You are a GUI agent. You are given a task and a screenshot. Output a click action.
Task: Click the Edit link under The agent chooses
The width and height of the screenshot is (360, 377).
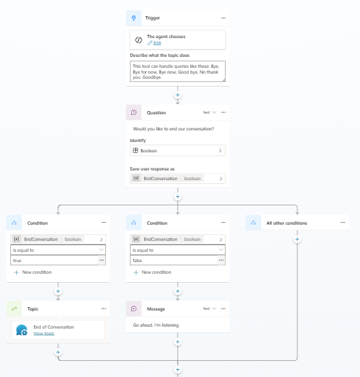click(157, 43)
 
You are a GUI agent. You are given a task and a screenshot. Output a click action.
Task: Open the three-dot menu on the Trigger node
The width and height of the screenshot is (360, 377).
click(224, 18)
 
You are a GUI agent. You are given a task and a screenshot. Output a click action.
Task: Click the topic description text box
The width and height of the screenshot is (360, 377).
click(178, 72)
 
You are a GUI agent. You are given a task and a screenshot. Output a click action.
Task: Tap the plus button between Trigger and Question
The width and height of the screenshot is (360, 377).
click(178, 95)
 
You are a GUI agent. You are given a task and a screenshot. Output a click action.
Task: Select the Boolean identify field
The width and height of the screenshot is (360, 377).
click(178, 150)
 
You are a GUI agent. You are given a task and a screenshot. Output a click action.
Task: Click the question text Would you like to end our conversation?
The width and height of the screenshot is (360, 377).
click(173, 129)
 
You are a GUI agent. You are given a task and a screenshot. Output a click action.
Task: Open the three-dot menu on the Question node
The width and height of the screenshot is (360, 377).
click(224, 112)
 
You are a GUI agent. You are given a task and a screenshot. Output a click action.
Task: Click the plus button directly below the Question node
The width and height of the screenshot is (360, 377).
click(178, 197)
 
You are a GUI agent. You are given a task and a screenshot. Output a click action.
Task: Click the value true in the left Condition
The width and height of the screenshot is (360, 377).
click(17, 260)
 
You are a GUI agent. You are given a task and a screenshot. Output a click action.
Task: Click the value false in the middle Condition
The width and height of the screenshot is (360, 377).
click(138, 260)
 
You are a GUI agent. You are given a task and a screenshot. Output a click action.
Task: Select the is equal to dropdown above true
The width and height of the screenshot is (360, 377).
click(58, 250)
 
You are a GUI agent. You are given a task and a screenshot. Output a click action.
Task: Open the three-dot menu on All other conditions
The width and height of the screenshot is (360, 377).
click(343, 223)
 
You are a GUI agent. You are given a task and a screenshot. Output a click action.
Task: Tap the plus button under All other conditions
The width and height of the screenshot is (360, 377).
click(297, 239)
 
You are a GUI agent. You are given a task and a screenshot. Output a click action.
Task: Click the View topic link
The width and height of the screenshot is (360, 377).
click(44, 334)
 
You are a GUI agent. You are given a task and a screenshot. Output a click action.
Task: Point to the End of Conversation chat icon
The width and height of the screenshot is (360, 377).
click(22, 330)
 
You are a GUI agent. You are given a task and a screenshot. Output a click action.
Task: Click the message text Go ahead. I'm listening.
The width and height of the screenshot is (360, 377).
click(156, 325)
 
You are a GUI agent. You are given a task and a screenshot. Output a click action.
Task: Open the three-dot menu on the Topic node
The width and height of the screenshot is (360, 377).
click(103, 309)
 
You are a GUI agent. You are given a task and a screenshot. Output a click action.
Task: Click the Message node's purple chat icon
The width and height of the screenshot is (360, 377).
click(134, 309)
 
